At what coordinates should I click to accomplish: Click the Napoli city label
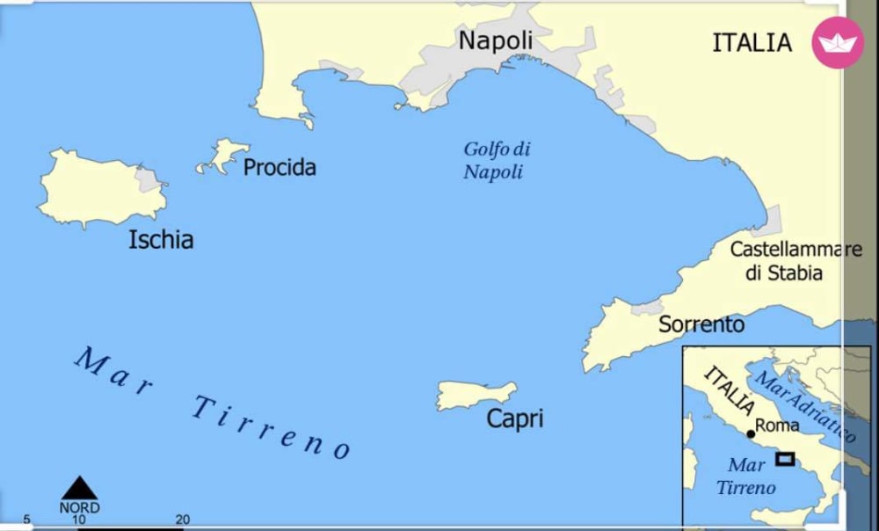click(x=496, y=41)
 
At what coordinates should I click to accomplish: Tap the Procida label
click(x=279, y=167)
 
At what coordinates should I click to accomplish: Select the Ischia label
click(x=161, y=239)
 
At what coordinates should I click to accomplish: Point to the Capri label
click(x=515, y=418)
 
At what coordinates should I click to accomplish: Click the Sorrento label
click(x=701, y=324)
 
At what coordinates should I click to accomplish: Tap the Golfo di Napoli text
click(x=497, y=160)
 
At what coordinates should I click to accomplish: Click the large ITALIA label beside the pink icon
click(x=752, y=43)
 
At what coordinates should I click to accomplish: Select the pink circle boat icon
click(x=838, y=42)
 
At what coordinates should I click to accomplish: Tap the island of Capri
click(x=476, y=395)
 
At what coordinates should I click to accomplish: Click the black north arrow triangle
click(x=79, y=489)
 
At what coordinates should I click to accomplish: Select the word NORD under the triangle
click(x=79, y=508)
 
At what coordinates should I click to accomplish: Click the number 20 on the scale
click(x=183, y=520)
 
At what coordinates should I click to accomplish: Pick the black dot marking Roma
click(x=751, y=433)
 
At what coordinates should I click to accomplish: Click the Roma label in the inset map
click(x=778, y=426)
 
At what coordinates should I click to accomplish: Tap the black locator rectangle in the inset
click(x=785, y=458)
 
